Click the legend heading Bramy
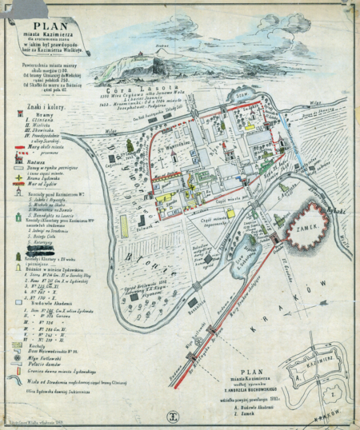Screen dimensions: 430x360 [x=32, y=115]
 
